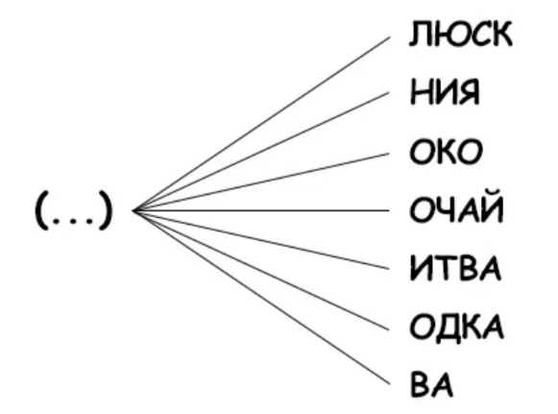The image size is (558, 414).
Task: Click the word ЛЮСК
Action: click(x=460, y=34)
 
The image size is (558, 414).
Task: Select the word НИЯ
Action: click(x=445, y=92)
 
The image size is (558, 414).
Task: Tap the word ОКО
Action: click(x=446, y=152)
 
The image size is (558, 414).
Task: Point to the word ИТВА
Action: click(x=455, y=268)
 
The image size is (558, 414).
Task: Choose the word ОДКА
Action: click(x=456, y=327)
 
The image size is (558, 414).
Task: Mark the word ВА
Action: click(x=431, y=384)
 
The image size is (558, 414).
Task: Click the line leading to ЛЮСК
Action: click(x=261, y=124)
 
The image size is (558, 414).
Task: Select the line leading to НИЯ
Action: click(x=261, y=152)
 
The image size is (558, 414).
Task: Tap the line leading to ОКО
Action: click(x=261, y=182)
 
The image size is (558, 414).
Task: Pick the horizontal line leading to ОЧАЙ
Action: click(x=261, y=210)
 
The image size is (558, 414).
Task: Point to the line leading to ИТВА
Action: click(x=261, y=240)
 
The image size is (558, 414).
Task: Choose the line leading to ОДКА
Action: click(x=261, y=271)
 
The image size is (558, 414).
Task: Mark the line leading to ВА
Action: click(x=261, y=298)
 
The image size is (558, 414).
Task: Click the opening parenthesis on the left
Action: click(x=40, y=210)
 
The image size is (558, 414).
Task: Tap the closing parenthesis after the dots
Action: click(x=106, y=210)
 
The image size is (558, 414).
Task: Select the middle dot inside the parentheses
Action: click(x=73, y=222)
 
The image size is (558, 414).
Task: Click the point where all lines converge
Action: click(x=133, y=210)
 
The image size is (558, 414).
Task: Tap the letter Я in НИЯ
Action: click(x=468, y=92)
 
